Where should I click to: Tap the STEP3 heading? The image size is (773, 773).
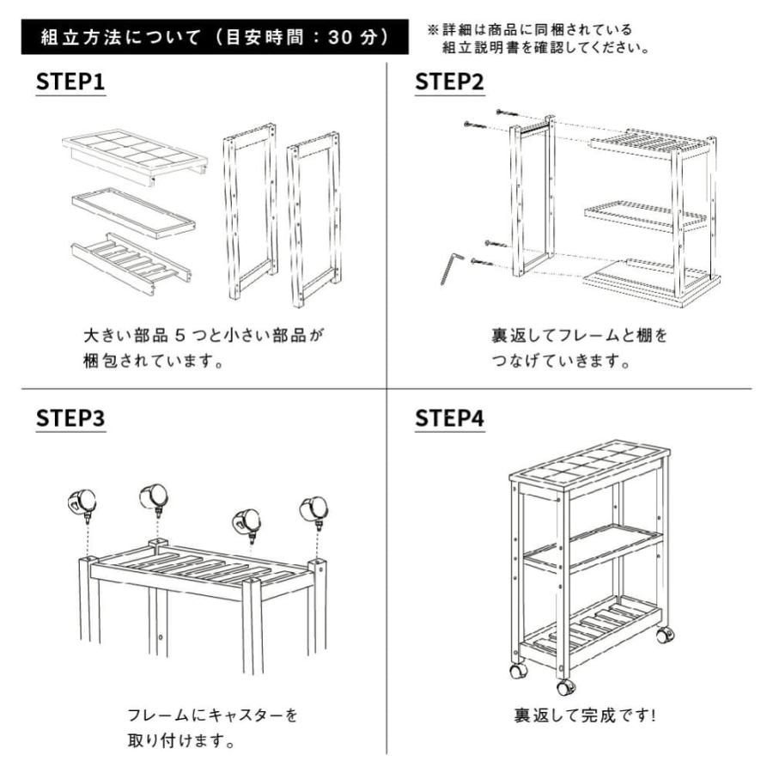coord(70,418)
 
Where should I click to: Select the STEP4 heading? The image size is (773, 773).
coord(449,418)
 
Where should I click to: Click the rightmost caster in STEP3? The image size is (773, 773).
coord(313,510)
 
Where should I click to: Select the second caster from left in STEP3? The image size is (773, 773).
coord(155,496)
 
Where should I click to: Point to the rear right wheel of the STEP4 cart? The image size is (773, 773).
coord(665,636)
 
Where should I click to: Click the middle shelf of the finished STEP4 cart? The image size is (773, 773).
coord(593,547)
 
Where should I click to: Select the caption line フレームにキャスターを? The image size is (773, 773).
coord(212,715)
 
